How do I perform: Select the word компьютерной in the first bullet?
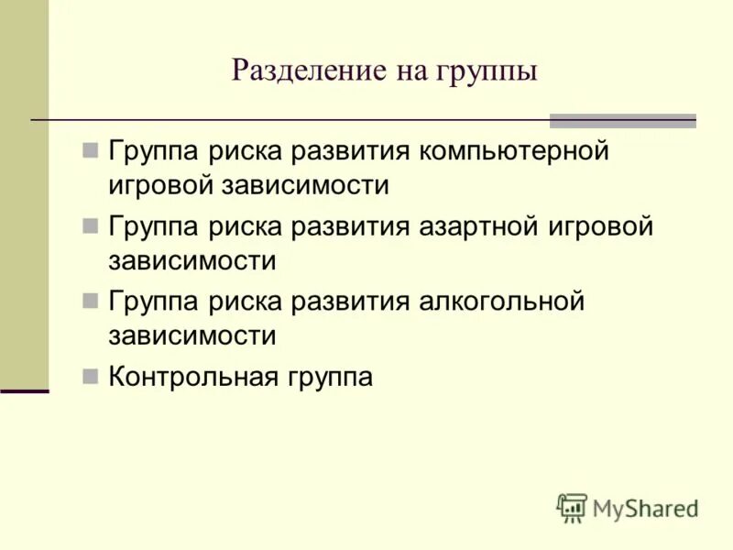point(514,150)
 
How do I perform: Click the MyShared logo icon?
point(572,507)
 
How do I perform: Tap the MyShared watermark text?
point(646,508)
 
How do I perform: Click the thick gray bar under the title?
point(622,121)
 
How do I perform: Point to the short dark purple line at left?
point(24,390)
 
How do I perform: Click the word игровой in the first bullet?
point(159,186)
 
